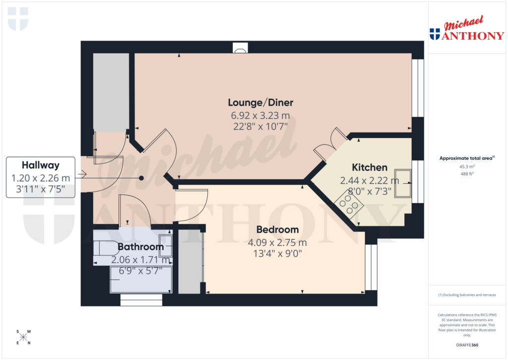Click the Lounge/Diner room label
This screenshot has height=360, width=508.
(x=260, y=103)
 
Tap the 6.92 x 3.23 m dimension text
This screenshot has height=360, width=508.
(x=260, y=115)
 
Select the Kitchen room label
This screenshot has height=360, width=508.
(x=370, y=167)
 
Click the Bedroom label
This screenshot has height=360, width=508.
(x=277, y=230)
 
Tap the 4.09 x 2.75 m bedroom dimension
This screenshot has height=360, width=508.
(x=277, y=243)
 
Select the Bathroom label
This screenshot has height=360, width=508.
(x=140, y=247)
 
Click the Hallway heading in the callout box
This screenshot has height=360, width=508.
(x=41, y=165)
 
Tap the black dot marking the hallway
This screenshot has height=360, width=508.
(x=141, y=178)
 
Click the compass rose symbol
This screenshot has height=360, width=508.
(x=23, y=337)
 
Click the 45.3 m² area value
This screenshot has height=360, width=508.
(x=466, y=167)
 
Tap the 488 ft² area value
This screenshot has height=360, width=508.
(x=466, y=174)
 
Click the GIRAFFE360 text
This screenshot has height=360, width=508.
(x=466, y=345)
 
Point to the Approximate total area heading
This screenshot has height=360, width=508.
(x=466, y=158)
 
